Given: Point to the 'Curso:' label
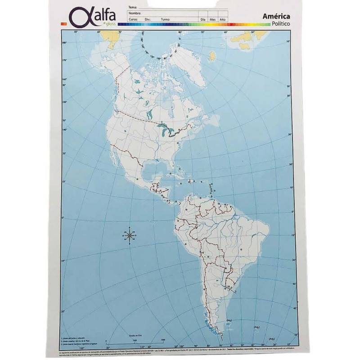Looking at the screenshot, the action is tap(133, 20).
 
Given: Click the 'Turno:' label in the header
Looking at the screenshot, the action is tap(165, 20).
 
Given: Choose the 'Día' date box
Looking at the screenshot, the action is tap(203, 20).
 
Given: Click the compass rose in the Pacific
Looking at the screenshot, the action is tap(129, 235).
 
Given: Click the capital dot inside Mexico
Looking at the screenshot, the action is tap(136, 179).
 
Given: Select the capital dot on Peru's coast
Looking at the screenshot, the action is tap(186, 243).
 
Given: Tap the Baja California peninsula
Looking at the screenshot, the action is tap(117, 155).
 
